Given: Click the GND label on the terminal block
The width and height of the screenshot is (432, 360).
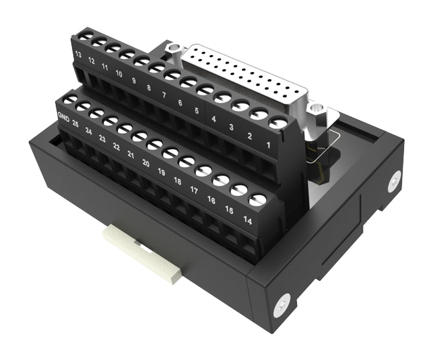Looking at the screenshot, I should [64, 117].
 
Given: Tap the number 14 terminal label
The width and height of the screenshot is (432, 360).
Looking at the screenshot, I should [248, 221].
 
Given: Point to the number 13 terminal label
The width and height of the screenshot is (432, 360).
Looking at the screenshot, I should [78, 56].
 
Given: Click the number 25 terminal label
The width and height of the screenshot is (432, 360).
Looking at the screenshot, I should [75, 123].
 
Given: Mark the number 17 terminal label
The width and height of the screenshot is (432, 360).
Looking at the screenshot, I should [194, 190].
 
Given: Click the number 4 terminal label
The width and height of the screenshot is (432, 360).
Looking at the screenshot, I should [214, 119].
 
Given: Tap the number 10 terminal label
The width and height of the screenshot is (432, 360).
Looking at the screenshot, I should [119, 74].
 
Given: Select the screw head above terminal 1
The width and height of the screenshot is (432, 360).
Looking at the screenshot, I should [278, 121].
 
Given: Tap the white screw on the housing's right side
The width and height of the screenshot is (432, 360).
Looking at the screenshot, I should [393, 182].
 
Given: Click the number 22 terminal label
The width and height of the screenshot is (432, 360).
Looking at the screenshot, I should [117, 147].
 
